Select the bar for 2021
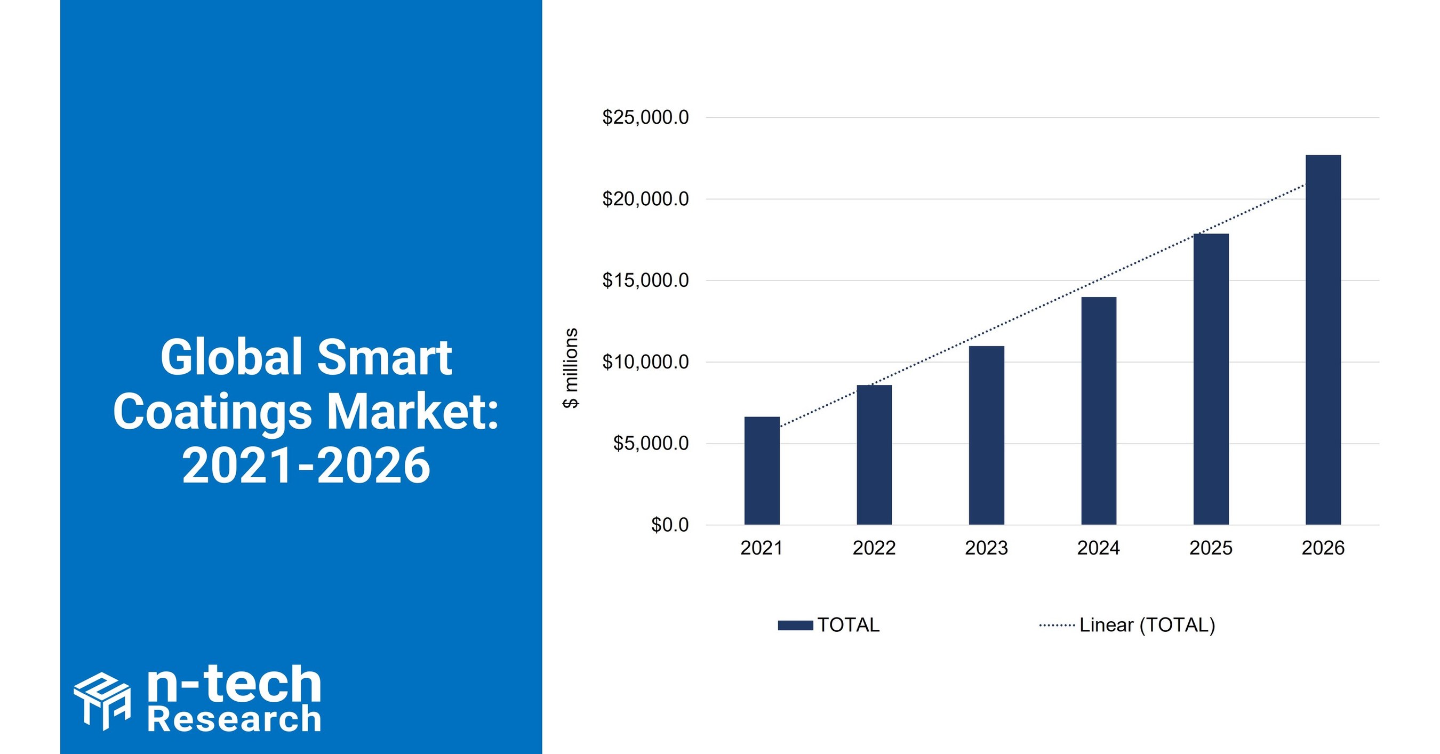pos(762,471)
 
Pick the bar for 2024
pos(1099,411)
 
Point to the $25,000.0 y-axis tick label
pos(645,117)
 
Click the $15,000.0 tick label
pos(645,280)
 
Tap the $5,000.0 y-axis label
pos(651,444)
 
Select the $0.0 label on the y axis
pos(670,525)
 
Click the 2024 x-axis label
pos(1099,548)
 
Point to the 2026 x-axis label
pos(1323,548)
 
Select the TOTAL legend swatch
pos(795,625)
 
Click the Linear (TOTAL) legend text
pos(1147,625)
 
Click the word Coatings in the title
pos(212,413)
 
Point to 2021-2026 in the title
pos(306,466)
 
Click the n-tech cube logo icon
pos(102,700)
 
